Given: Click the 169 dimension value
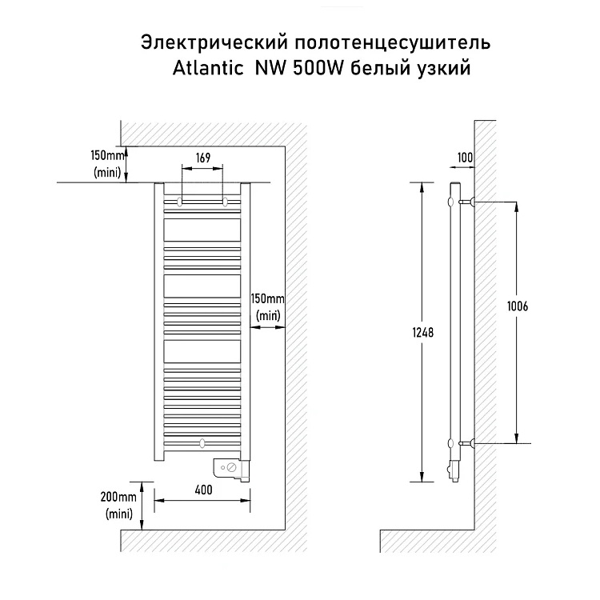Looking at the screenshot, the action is tap(203, 158).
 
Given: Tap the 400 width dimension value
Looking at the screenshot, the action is tap(203, 490).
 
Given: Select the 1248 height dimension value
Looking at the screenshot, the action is tap(423, 333).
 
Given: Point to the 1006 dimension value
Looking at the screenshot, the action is tap(518, 306).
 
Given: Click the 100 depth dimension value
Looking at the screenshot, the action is tap(465, 158).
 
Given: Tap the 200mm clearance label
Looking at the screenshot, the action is tap(118, 497).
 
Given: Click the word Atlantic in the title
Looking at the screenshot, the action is tap(208, 69).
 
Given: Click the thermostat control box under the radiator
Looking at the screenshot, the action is tap(230, 470).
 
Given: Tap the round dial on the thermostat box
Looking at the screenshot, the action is tap(231, 467).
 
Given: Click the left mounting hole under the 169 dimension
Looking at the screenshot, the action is tap(180, 202).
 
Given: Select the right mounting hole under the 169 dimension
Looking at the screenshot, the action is tap(225, 202).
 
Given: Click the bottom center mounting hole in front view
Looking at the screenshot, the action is tap(202, 443).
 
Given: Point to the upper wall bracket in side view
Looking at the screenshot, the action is tap(467, 202).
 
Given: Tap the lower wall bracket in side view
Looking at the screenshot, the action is tap(467, 443).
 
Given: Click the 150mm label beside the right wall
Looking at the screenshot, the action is tap(267, 298).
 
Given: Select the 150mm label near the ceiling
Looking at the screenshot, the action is tap(107, 156).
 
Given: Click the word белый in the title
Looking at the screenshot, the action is tap(379, 69).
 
